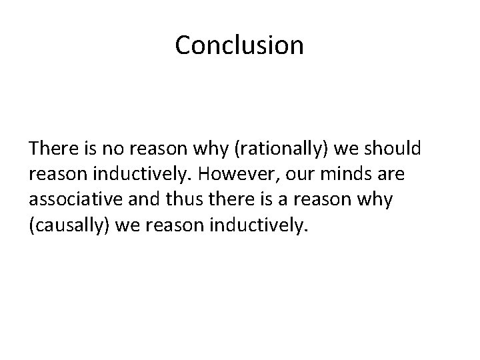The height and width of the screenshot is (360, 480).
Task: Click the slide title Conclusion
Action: pos(239,46)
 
